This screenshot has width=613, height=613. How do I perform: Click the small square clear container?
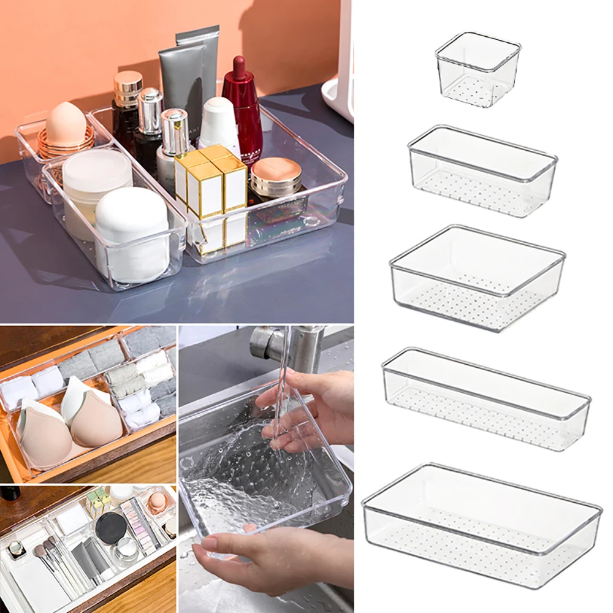click(478, 69)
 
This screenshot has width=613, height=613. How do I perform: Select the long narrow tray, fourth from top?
click(485, 398)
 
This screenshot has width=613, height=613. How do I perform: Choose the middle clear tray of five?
click(477, 277)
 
